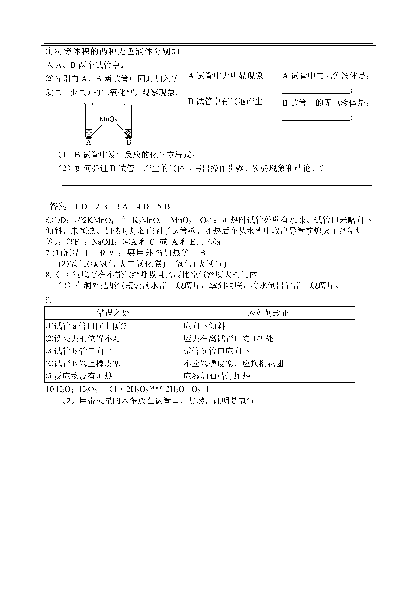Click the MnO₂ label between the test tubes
coord(108,120)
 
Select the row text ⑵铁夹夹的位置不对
coord(83,339)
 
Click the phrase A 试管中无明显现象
coord(226,76)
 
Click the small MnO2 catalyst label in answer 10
coord(156,387)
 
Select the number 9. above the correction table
coord(48,300)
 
